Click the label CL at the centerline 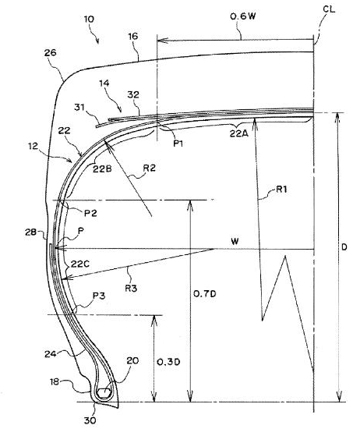(x=329, y=9)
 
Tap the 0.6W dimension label (x=243, y=16)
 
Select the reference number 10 (x=89, y=19)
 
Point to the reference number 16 (x=132, y=37)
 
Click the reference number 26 (x=51, y=52)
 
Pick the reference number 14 (x=104, y=83)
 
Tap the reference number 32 (x=133, y=94)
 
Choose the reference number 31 (x=79, y=108)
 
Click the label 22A (x=238, y=134)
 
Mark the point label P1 (x=178, y=143)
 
